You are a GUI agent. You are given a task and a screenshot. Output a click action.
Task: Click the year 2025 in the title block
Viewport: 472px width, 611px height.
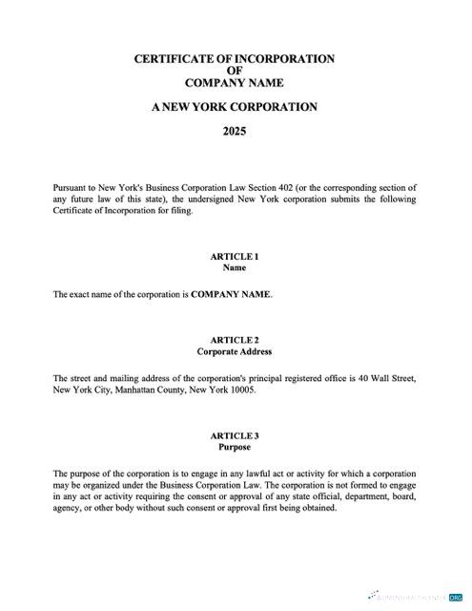(235, 131)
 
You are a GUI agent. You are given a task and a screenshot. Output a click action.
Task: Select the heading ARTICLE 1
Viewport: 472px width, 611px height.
(235, 256)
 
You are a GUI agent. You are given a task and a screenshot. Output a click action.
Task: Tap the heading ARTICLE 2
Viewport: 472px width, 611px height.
(235, 340)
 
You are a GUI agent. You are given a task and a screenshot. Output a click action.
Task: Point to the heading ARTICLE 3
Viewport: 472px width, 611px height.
(235, 435)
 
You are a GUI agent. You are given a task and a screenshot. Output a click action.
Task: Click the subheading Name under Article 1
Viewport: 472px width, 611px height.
(235, 268)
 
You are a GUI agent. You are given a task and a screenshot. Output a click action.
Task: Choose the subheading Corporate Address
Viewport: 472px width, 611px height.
(235, 352)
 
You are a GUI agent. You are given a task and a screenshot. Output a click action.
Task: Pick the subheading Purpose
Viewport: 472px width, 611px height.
(235, 447)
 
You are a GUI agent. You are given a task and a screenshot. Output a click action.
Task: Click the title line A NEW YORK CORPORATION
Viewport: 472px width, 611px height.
(235, 107)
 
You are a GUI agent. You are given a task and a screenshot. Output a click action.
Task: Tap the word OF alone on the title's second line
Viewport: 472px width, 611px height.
(235, 71)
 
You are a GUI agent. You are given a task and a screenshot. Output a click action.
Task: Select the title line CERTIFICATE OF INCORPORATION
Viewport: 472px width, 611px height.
(235, 59)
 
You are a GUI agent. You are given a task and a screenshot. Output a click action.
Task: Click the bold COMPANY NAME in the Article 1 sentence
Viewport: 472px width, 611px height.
(232, 295)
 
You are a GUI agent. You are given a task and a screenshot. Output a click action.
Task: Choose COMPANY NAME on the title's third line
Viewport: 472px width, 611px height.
(235, 83)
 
